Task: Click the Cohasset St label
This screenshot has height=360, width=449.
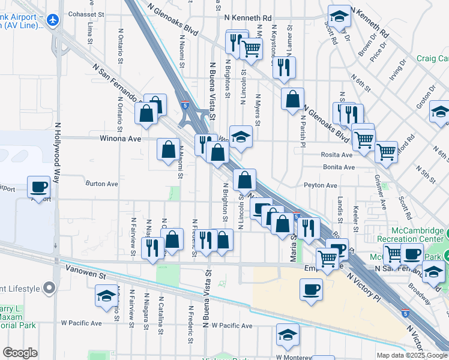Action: [x=87, y=14]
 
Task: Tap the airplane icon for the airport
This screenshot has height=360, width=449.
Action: [x=53, y=20]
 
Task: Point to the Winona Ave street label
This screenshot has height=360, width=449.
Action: [x=121, y=139]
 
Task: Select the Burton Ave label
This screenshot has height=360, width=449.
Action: [x=101, y=184]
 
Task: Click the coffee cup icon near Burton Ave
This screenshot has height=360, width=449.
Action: [x=40, y=187]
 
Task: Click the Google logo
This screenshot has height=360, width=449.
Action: [x=20, y=352]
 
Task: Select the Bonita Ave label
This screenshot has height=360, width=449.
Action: [x=339, y=167]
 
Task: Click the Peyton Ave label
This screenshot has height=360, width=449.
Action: [x=320, y=185]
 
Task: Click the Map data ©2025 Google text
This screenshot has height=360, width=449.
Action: [x=411, y=355]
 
